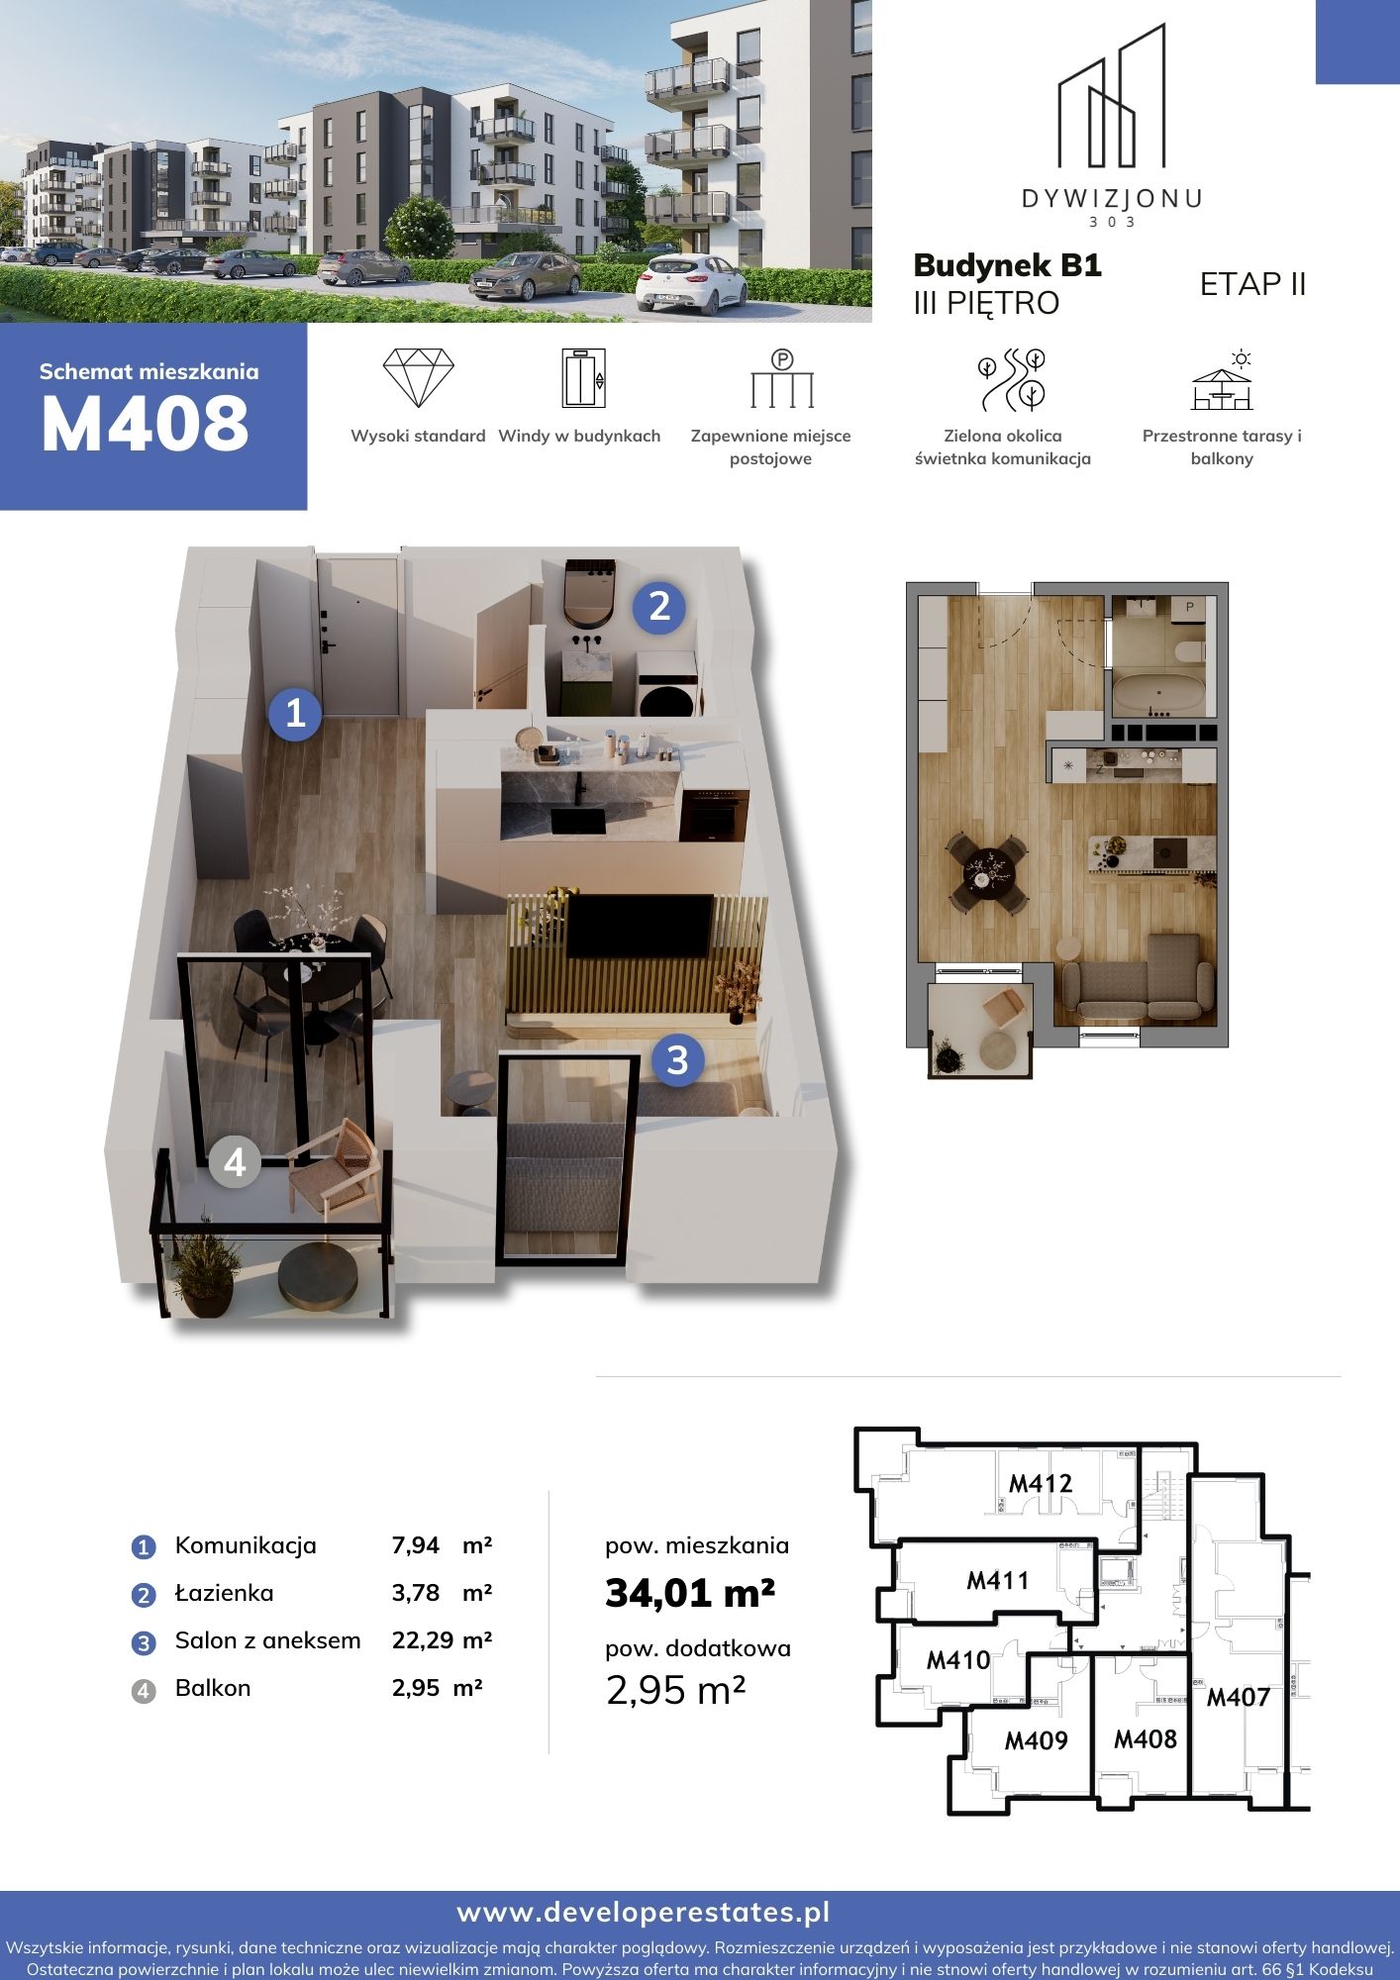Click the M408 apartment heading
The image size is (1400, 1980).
coord(145,424)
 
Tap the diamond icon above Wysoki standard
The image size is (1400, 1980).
coord(418,377)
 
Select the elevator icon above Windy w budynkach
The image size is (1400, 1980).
coord(583,377)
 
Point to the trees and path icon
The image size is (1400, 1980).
coord(1012,379)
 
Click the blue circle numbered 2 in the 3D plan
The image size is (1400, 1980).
coord(659,606)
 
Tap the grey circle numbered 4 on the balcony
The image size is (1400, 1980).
coord(235,1161)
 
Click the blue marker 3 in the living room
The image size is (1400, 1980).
coord(677,1060)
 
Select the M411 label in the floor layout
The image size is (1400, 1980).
coord(997,1580)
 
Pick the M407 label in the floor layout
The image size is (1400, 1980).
coord(1238,1697)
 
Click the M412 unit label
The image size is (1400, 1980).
coord(1040,1483)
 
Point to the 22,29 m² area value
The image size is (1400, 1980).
coord(443,1640)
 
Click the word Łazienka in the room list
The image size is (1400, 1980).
coord(224,1593)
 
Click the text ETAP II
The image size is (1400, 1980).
coord(1252,284)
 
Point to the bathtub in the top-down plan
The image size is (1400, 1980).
coord(1158,693)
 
